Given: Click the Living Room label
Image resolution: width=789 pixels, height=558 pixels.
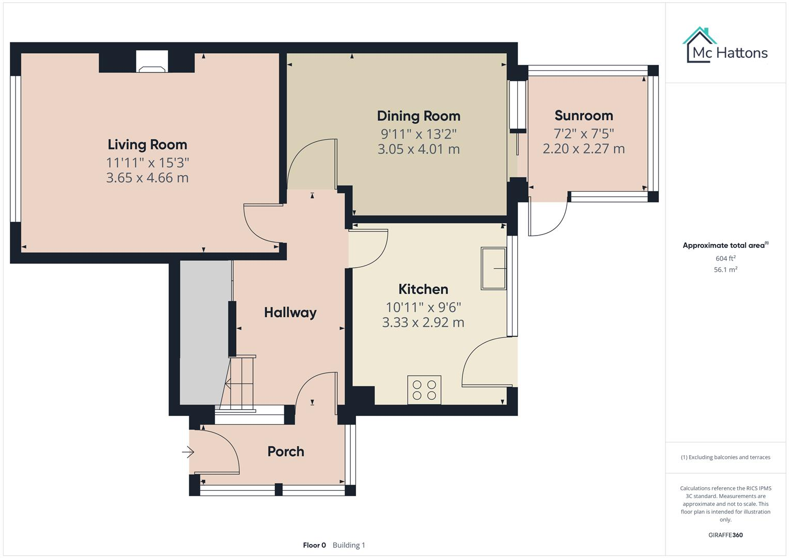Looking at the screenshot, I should [147, 145].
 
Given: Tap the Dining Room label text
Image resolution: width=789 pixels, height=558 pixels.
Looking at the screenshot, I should [418, 116].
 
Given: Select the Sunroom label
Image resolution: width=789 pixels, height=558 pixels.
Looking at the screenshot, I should [583, 116].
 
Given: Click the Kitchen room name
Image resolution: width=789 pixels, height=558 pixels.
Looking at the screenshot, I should [423, 289].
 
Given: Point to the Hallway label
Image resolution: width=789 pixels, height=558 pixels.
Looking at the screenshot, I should [290, 313].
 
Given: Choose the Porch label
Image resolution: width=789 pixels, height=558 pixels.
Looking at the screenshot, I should [285, 452].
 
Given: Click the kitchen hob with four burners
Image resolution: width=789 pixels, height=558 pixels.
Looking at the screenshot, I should [424, 390].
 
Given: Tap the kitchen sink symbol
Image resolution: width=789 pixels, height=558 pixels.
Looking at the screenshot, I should [493, 268].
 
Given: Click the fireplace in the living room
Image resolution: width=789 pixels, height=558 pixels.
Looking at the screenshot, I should [152, 62].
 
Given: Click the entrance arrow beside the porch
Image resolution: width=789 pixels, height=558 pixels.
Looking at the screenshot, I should [187, 453].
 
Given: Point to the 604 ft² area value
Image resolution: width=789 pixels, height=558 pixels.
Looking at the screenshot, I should [725, 258].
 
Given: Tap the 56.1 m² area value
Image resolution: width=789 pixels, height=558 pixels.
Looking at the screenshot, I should [725, 270].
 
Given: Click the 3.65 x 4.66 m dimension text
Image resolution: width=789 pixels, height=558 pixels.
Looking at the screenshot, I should [147, 178].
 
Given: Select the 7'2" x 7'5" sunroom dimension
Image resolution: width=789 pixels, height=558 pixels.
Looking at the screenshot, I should [583, 134].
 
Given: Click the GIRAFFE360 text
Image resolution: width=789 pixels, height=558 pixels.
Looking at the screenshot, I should [725, 535].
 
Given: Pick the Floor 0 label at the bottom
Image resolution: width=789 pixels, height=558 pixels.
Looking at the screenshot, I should [314, 545].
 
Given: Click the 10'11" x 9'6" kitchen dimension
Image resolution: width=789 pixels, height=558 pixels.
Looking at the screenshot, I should [423, 307].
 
